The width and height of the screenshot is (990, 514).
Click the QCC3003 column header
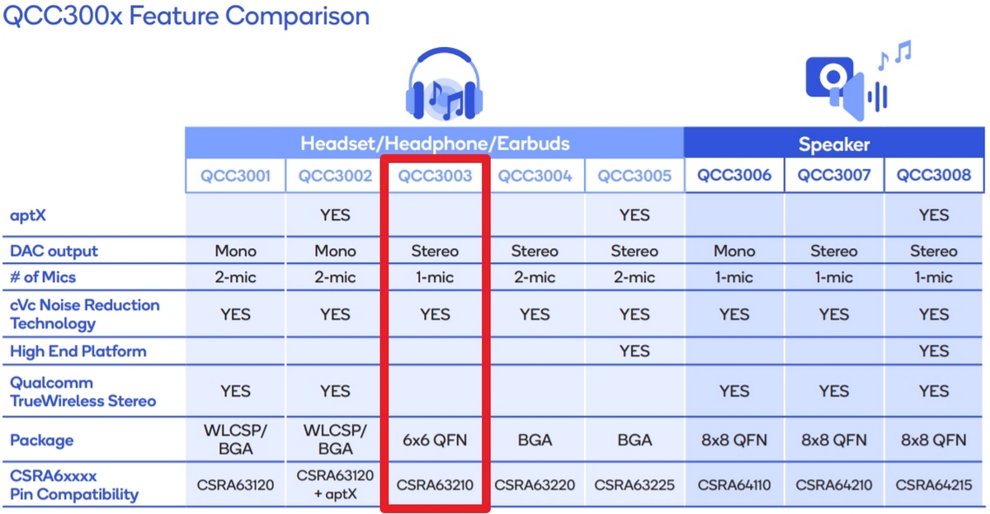point(435,176)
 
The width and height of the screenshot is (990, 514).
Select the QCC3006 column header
point(734,175)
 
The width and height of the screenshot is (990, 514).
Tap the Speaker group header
point(834,144)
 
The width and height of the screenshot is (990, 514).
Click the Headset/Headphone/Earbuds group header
point(435,144)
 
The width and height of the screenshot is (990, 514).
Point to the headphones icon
point(444,84)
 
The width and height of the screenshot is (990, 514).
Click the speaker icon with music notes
point(858,80)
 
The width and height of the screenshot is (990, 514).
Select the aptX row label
point(28,215)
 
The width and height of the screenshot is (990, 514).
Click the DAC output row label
point(54,251)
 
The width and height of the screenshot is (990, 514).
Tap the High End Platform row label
point(78,351)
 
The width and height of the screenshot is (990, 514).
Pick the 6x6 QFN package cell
point(435,440)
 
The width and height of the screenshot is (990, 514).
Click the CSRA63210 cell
point(435,485)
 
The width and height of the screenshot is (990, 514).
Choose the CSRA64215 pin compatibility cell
point(933,485)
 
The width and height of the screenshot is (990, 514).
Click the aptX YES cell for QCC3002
point(335,215)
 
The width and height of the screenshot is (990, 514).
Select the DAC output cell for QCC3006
point(734,251)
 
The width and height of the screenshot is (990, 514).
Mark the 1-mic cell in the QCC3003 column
point(435,277)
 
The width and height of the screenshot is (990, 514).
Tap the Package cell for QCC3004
point(535,440)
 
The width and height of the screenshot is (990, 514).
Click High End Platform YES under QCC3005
point(634,351)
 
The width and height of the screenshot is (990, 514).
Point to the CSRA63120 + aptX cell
point(335,484)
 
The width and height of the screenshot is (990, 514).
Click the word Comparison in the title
point(297,17)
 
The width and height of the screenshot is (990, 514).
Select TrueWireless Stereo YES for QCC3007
point(834,391)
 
